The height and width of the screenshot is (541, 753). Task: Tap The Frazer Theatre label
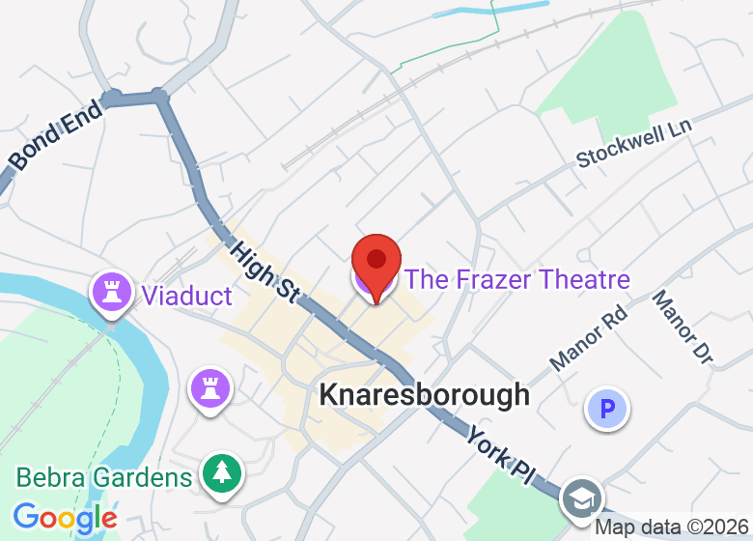(516, 280)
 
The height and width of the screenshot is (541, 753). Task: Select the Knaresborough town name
(424, 394)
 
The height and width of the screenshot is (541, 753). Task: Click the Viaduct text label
(187, 296)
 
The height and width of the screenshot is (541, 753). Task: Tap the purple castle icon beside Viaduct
(111, 291)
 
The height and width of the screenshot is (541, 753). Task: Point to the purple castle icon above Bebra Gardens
(208, 388)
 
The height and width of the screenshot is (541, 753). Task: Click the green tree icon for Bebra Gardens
(222, 473)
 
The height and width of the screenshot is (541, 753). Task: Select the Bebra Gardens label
(104, 477)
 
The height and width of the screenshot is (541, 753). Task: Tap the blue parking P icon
(607, 410)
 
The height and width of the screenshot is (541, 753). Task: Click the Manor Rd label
(588, 339)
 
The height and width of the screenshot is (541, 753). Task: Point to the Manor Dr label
(682, 328)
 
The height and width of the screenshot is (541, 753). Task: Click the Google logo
(65, 519)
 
